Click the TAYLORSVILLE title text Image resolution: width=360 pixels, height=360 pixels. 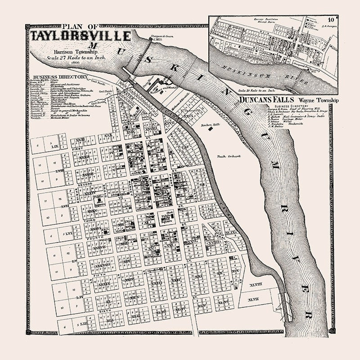click(81, 36)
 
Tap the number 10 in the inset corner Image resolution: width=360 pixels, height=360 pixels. click(331, 20)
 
